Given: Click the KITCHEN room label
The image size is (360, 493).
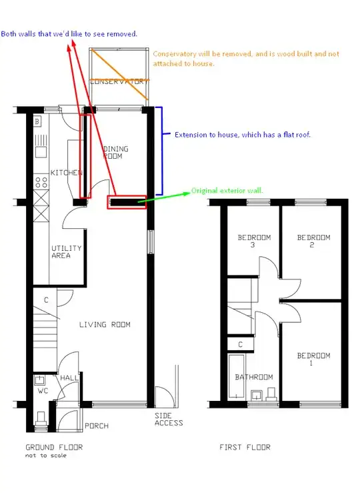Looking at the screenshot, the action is click(x=66, y=173).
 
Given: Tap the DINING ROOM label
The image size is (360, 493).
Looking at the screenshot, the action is click(x=115, y=153).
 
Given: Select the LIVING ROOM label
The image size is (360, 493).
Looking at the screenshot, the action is click(x=105, y=324).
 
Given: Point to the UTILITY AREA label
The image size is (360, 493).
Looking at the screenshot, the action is click(x=66, y=252).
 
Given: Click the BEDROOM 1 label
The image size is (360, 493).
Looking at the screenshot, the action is click(x=313, y=359).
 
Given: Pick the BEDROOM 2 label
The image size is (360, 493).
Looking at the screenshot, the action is click(x=313, y=241).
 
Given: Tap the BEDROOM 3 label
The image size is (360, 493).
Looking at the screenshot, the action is click(x=254, y=241).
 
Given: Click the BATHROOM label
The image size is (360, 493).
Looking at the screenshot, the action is click(x=254, y=377).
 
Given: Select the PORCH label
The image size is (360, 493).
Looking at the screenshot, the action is click(x=97, y=426).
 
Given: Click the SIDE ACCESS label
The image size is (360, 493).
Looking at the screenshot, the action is click(x=169, y=420).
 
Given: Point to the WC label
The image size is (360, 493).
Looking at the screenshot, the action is click(x=43, y=391).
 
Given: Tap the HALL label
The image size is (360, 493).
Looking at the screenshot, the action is click(x=69, y=378).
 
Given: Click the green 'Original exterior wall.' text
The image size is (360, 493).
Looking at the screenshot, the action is click(x=227, y=191).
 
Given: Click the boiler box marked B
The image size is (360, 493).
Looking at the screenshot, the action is click(x=37, y=121).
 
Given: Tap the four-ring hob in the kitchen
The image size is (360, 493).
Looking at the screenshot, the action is click(x=41, y=182).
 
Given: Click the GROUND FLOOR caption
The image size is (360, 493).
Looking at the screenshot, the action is click(x=54, y=447).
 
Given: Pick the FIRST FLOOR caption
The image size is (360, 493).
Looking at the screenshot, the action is click(x=245, y=447).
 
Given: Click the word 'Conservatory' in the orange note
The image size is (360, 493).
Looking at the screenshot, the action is click(x=175, y=54).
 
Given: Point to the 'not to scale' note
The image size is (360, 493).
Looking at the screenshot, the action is click(x=46, y=456).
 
